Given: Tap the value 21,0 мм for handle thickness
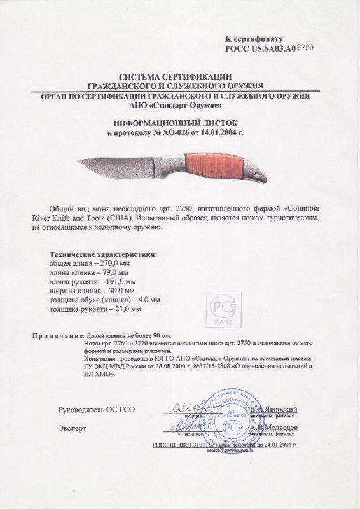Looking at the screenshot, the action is pos(121,309).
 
